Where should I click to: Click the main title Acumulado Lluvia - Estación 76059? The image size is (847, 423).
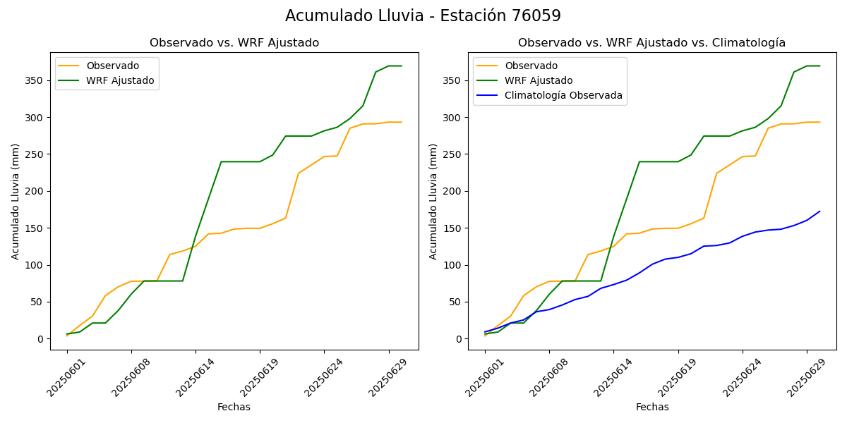[x=423, y=16]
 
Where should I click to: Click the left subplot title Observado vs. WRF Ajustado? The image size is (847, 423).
[x=234, y=43]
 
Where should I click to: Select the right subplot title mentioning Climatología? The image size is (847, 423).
[x=651, y=43]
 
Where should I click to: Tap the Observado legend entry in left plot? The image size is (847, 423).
[x=112, y=66]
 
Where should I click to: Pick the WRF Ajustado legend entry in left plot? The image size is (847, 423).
[x=120, y=80]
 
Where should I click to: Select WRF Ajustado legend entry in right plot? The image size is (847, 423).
[x=538, y=80]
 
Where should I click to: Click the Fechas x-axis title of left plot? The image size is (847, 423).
[x=234, y=407]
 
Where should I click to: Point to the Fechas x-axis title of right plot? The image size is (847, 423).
[x=652, y=407]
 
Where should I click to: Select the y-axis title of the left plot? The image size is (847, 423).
[x=16, y=201]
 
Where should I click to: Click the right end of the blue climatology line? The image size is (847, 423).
[x=819, y=211]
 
